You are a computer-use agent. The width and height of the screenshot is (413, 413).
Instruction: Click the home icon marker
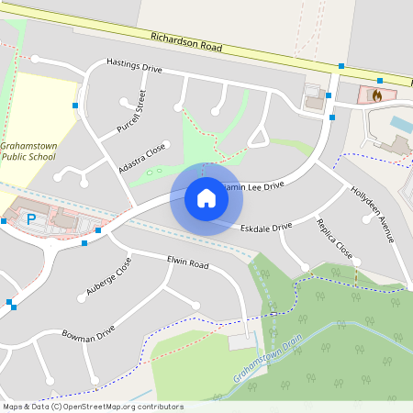206,198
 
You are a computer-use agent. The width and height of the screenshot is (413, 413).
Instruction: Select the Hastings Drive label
134,68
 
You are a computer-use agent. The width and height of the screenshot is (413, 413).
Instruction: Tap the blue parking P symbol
30,219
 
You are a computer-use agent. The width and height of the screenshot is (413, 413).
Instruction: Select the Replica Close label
335,238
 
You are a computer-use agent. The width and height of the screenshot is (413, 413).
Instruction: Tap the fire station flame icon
375,95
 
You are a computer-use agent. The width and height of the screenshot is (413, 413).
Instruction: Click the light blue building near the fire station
401,122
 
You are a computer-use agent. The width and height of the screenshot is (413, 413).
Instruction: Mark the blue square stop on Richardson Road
341,66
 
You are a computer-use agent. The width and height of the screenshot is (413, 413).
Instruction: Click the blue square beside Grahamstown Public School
75,106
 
